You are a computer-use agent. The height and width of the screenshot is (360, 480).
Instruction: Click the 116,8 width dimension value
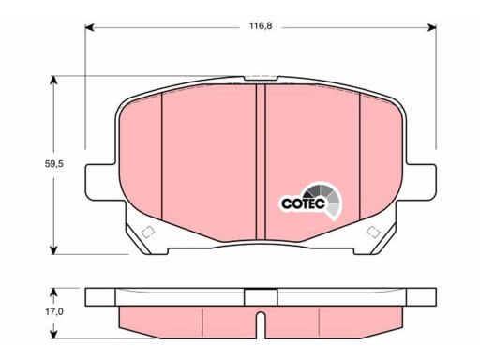[x=261, y=26]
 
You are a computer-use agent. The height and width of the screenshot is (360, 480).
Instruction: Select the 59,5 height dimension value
[x=54, y=163]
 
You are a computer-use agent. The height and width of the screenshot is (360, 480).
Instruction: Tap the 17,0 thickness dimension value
[x=54, y=311]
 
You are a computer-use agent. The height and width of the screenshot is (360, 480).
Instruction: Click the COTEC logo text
[x=303, y=203]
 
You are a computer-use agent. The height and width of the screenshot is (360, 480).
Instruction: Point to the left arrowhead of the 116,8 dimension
[x=89, y=27]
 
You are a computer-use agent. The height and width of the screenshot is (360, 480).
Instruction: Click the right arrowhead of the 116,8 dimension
[x=432, y=27]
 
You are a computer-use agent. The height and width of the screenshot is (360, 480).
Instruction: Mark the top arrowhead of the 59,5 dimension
[x=54, y=81]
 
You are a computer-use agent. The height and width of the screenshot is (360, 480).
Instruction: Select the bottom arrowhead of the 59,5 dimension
[x=54, y=249]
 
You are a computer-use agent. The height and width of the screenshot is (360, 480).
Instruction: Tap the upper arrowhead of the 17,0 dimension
[x=54, y=292]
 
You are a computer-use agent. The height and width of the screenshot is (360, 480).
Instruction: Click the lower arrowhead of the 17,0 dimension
[x=54, y=334]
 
